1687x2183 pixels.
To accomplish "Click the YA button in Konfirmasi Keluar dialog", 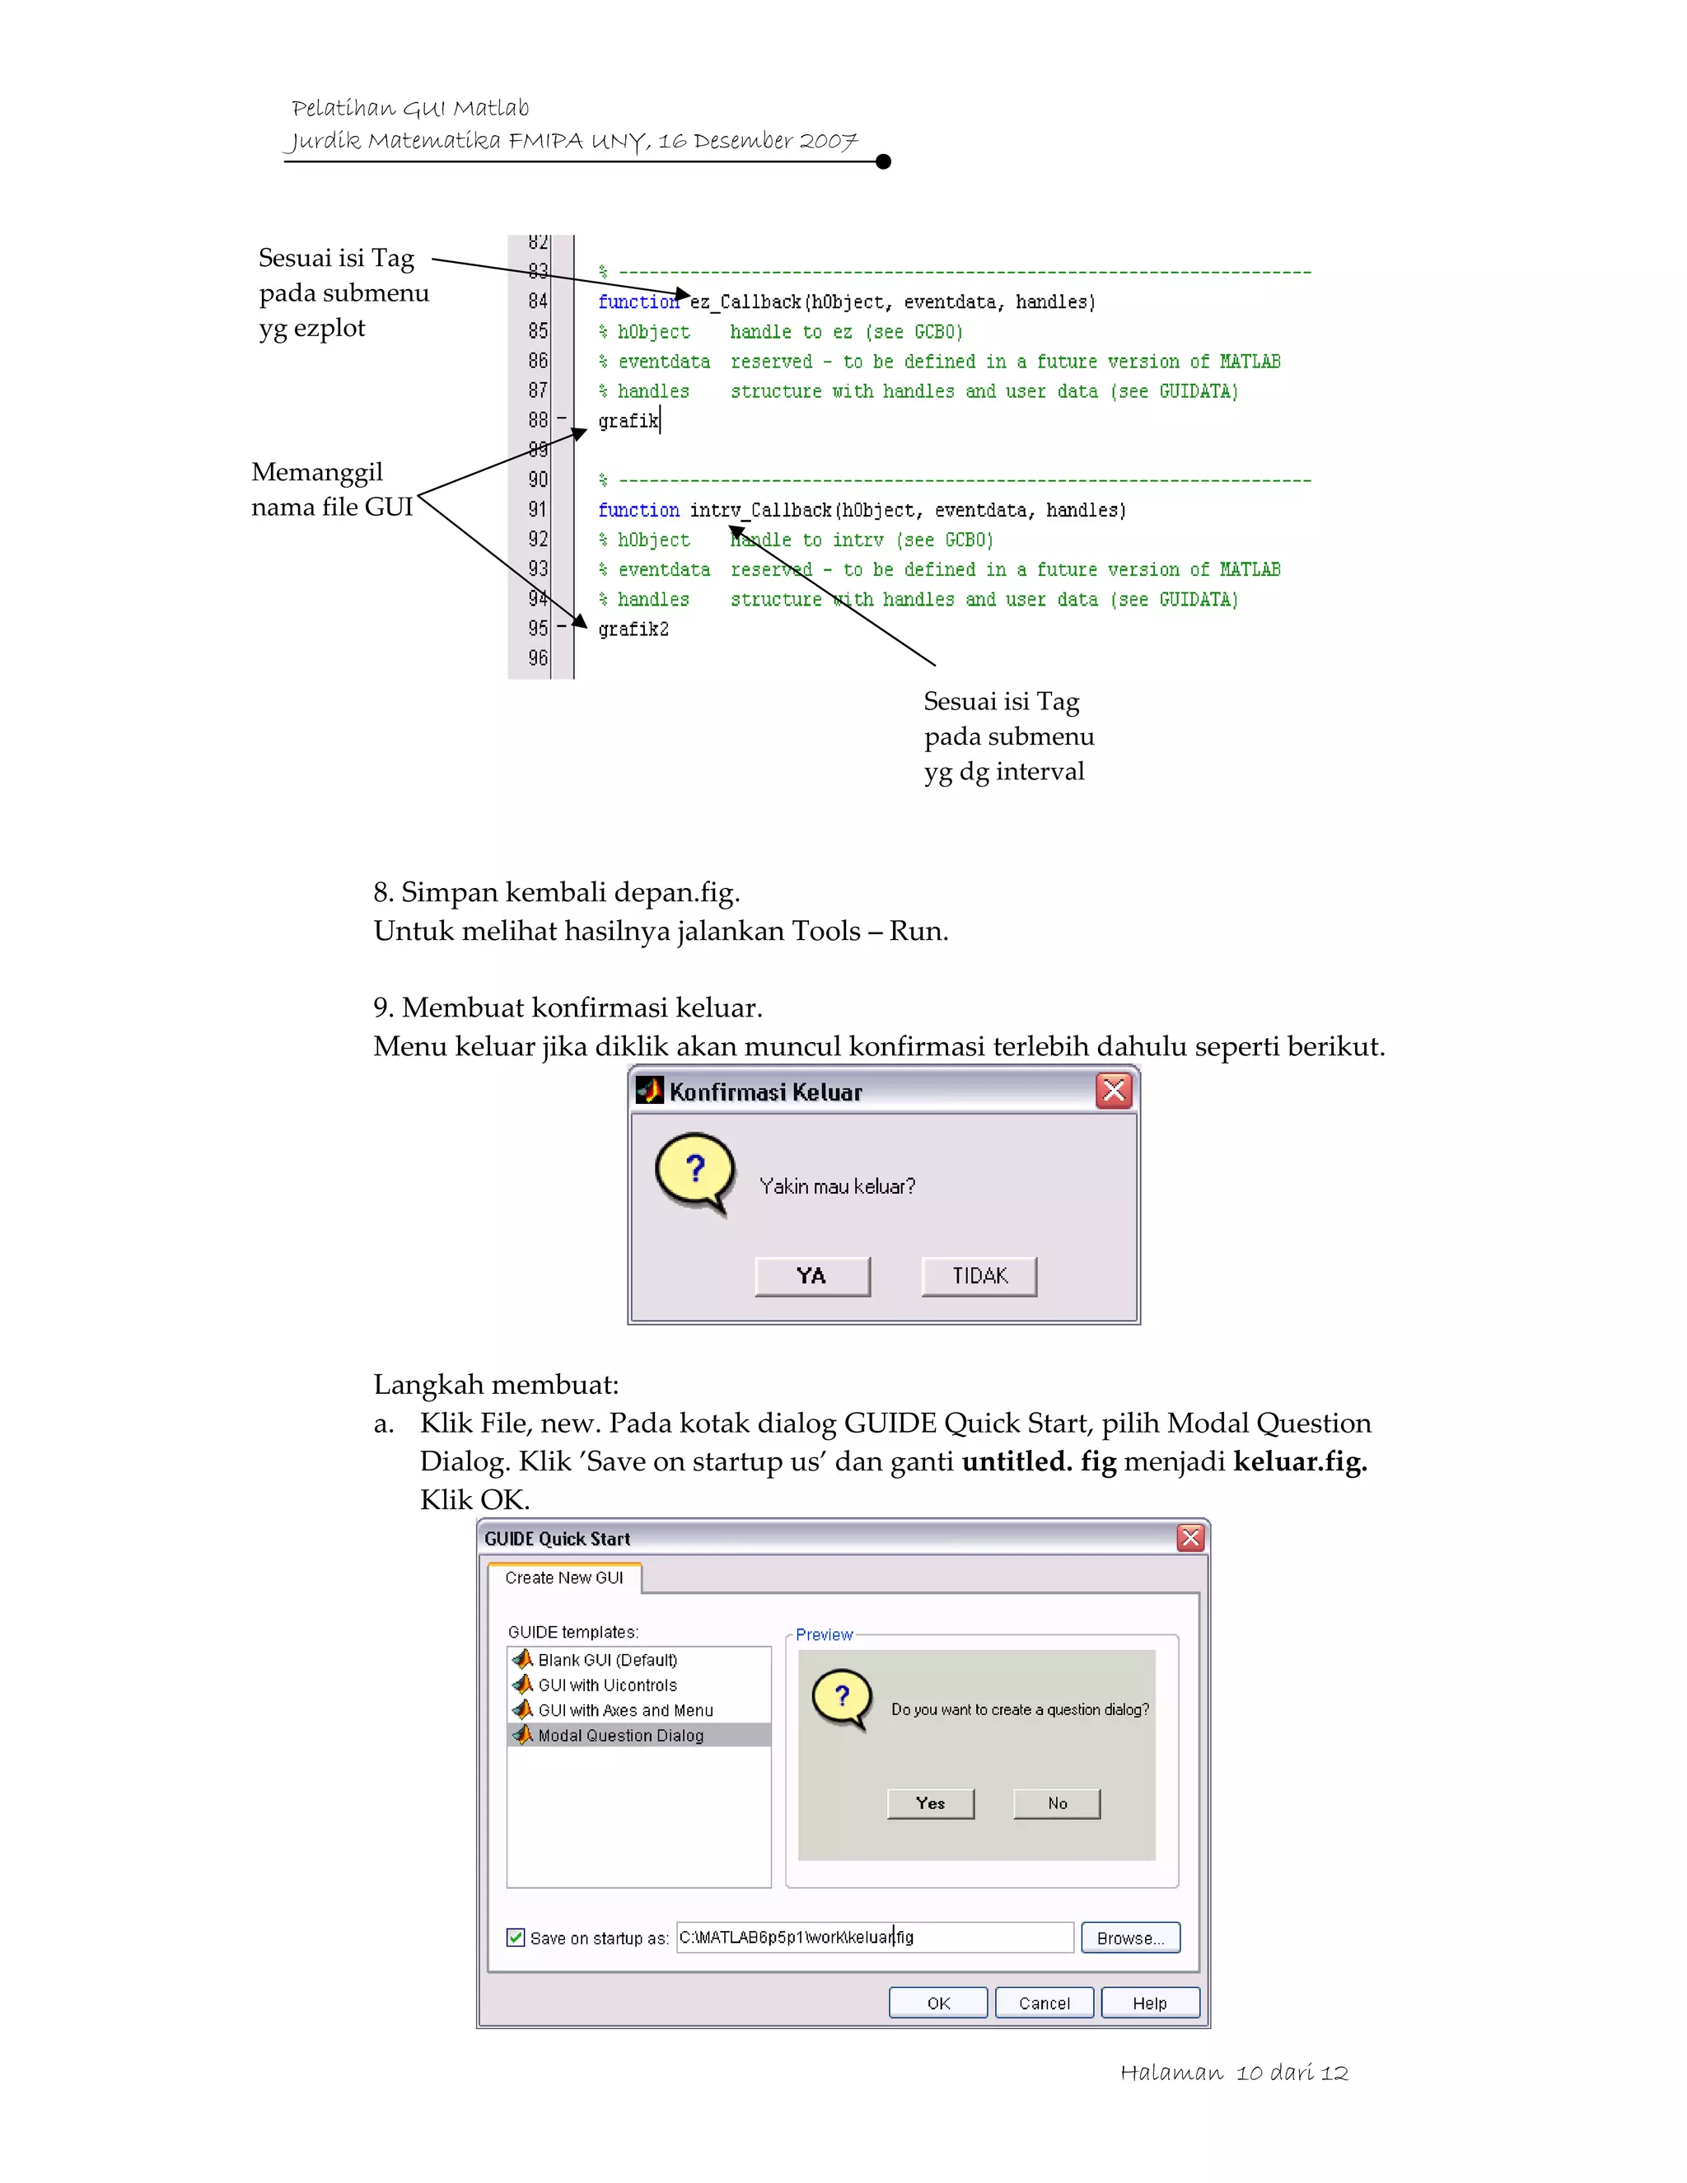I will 811,1275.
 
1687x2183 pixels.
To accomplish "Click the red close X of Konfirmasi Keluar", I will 1114,1091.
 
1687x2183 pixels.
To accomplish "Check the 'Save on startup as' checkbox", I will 516,1938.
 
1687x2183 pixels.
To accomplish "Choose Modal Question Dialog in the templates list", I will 619,1735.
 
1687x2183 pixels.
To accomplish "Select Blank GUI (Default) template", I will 606,1659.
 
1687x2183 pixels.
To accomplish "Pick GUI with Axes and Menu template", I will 624,1710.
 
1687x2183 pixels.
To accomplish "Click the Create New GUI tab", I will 563,1578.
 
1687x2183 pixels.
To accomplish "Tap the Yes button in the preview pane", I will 929,1803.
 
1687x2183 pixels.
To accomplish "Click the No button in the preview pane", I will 1056,1803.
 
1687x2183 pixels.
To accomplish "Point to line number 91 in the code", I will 538,510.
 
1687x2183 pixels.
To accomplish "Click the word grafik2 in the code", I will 633,629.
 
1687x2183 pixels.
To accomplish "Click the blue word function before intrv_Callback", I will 638,510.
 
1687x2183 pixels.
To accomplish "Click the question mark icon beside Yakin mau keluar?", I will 694,1170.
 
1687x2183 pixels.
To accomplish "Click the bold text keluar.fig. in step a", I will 1299,1461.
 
